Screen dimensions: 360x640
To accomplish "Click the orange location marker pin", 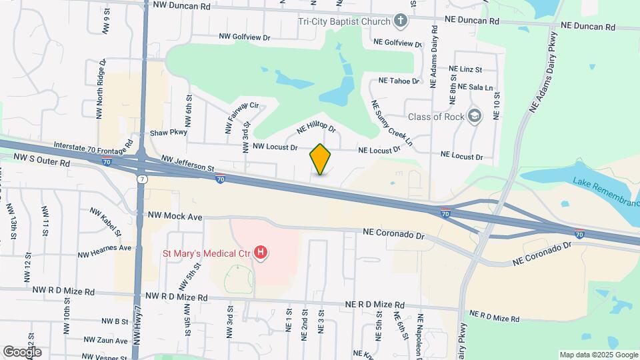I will [320, 159].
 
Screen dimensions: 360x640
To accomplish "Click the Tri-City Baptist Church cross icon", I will [400, 21].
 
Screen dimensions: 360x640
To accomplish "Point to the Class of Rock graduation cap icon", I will [475, 117].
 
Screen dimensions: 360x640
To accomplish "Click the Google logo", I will [21, 351].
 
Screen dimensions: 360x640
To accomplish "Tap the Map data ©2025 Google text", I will [597, 354].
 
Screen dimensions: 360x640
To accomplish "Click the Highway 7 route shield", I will [142, 179].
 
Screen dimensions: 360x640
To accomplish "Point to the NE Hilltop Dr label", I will [316, 126].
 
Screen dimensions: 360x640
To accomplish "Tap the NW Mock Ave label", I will [174, 217].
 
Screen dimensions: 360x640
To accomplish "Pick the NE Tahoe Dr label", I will [399, 81].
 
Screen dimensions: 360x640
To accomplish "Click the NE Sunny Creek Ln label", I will [392, 123].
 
